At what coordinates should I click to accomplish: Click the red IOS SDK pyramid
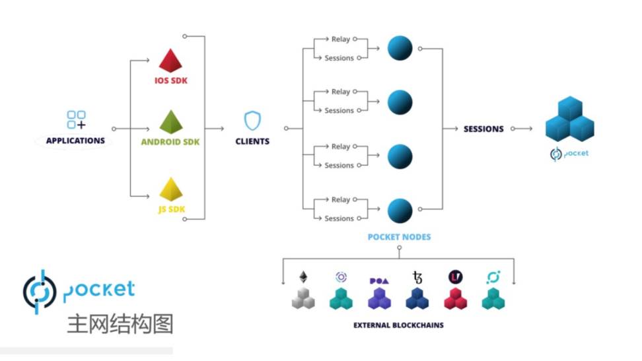pyautogui.click(x=170, y=61)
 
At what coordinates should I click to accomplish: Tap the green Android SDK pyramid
pyautogui.click(x=170, y=122)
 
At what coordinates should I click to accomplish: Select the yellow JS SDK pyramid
pyautogui.click(x=170, y=189)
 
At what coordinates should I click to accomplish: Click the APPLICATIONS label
pyautogui.click(x=75, y=141)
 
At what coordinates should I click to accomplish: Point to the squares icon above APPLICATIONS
pyautogui.click(x=76, y=119)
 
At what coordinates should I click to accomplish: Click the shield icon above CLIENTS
pyautogui.click(x=252, y=121)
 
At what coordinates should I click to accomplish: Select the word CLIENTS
pyautogui.click(x=252, y=141)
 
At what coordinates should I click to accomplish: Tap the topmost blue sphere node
pyautogui.click(x=400, y=48)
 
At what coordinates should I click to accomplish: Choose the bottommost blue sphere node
pyautogui.click(x=400, y=211)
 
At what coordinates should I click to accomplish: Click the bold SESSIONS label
pyautogui.click(x=483, y=129)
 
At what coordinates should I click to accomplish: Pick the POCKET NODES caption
pyautogui.click(x=399, y=236)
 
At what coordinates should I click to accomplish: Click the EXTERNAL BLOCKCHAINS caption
pyautogui.click(x=398, y=325)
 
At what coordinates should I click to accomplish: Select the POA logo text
pyautogui.click(x=379, y=280)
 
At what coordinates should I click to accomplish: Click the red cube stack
pyautogui.click(x=455, y=298)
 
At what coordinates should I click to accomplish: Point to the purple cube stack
pyautogui.click(x=379, y=299)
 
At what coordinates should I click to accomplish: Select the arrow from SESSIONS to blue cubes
pyautogui.click(x=522, y=129)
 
